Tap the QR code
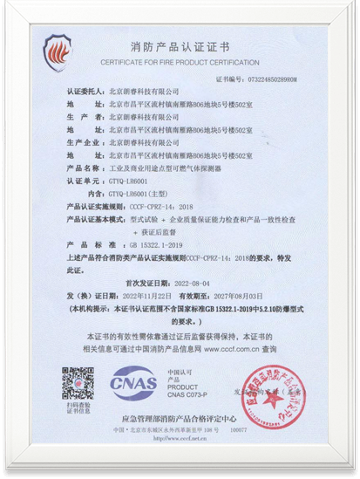78,383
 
